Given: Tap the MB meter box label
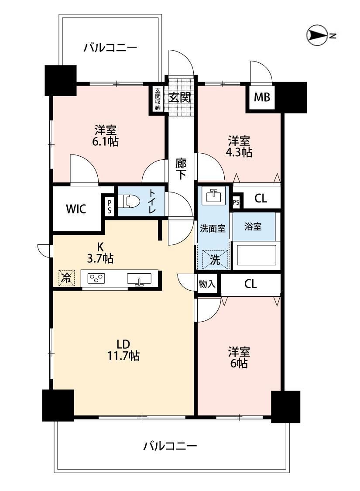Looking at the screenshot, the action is click(x=262, y=97).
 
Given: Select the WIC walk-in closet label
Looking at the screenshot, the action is click(x=76, y=209).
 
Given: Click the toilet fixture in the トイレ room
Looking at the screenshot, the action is click(x=131, y=201).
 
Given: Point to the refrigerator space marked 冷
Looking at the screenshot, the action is click(x=66, y=278).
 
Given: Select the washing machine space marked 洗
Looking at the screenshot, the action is click(x=215, y=259).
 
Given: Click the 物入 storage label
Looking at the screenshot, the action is click(x=207, y=284).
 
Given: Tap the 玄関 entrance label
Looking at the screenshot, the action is click(x=180, y=97).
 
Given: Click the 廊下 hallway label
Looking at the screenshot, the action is click(x=181, y=169).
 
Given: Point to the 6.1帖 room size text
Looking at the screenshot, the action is click(x=105, y=142).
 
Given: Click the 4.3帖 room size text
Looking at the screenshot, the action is click(x=239, y=152).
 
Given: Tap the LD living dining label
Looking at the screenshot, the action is click(x=123, y=344).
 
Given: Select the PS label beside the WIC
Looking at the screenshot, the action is click(x=109, y=207).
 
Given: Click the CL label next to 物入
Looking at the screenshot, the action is click(x=250, y=284).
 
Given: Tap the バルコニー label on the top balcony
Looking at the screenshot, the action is click(x=110, y=48).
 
